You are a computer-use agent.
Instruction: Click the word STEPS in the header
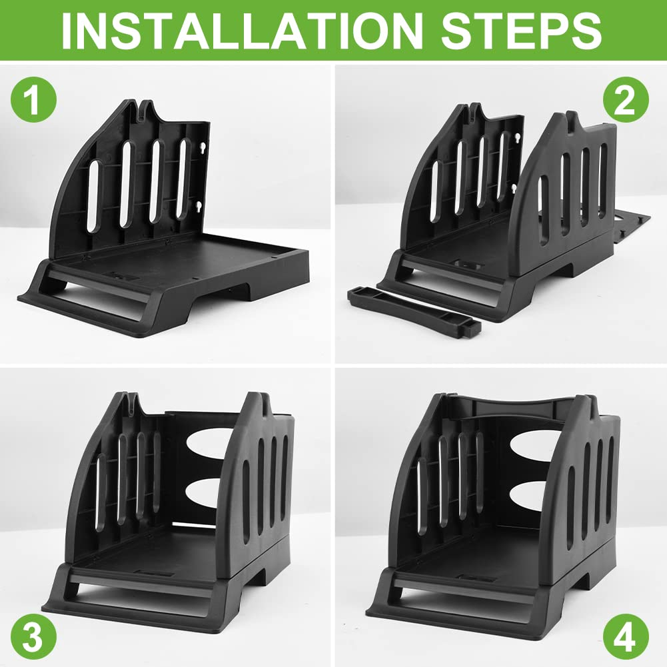(522, 31)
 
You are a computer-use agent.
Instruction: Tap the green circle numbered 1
(33, 99)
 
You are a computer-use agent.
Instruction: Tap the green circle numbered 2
(626, 99)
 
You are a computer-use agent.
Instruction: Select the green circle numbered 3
(33, 637)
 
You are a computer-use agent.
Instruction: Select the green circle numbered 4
(626, 637)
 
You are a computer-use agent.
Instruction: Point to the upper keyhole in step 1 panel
(203, 148)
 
